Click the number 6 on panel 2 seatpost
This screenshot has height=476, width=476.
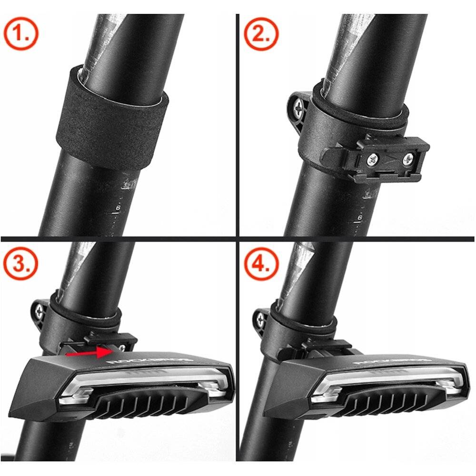[359, 218]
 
